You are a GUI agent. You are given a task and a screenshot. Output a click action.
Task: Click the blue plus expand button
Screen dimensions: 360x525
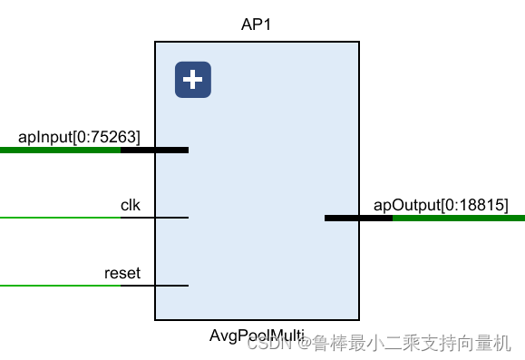point(192,80)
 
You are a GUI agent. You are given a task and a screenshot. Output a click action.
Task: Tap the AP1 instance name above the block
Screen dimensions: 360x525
point(257,24)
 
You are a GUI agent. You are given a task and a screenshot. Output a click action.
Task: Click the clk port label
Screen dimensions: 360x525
point(131,205)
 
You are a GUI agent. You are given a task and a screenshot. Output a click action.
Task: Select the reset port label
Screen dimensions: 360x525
point(122,273)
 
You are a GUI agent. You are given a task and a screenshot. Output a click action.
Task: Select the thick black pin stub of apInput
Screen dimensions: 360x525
point(154,150)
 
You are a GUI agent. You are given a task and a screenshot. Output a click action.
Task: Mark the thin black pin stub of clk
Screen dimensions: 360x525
point(154,218)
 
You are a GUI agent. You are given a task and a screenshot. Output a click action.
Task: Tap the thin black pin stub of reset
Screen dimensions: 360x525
point(154,286)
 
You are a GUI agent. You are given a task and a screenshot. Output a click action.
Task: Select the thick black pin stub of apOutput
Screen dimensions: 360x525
point(358,218)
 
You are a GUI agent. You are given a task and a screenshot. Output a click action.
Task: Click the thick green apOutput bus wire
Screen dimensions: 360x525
point(459,218)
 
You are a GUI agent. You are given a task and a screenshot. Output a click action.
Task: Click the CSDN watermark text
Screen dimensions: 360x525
point(267,344)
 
